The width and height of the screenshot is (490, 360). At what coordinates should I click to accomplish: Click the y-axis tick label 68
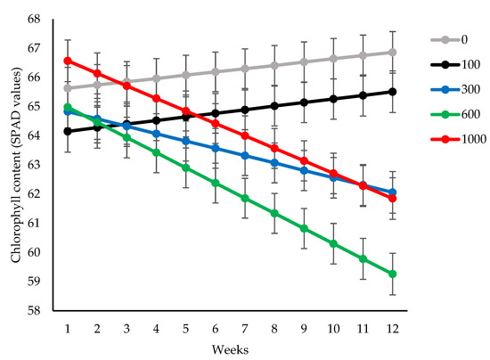click(32, 19)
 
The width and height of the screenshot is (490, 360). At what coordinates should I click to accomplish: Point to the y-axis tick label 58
click(32, 311)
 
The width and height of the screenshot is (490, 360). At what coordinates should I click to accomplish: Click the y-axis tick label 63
click(32, 165)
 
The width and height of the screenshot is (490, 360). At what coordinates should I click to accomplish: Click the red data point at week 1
click(68, 61)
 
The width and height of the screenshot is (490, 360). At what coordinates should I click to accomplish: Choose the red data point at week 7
click(245, 135)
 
